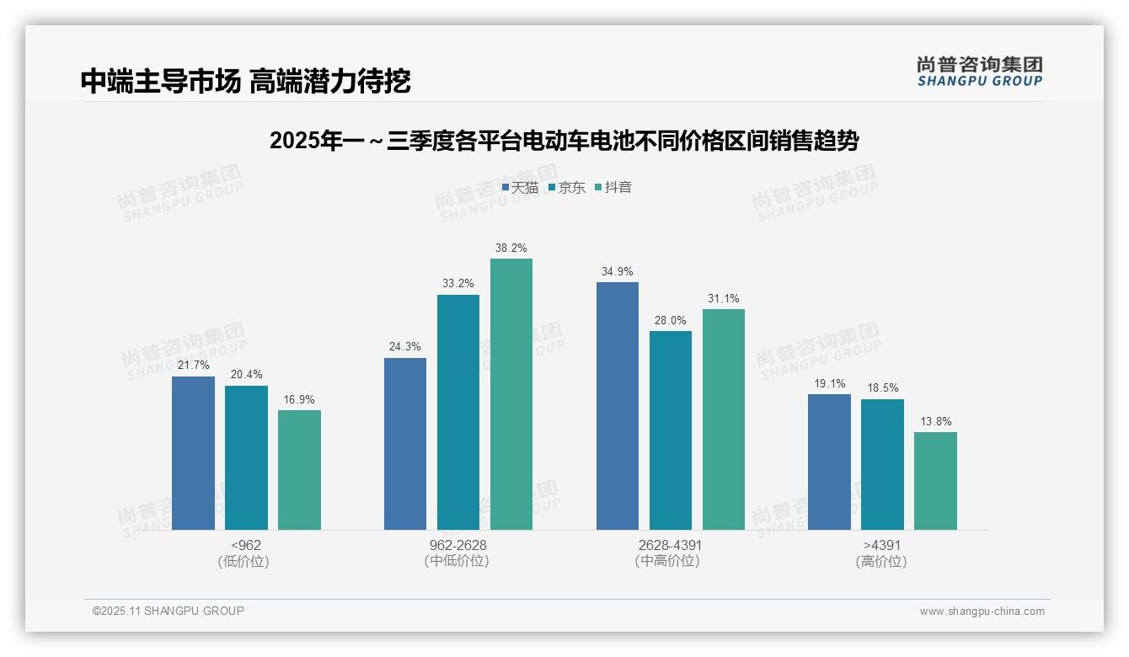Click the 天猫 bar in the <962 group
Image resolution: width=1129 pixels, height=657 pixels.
pos(193,453)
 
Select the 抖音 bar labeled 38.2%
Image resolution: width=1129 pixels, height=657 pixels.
pos(511,394)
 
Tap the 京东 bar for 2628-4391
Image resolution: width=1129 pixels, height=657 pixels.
pos(671,430)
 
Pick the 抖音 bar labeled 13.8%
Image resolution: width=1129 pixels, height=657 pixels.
pos(935,481)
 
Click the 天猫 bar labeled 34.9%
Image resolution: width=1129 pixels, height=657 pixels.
pos(618,406)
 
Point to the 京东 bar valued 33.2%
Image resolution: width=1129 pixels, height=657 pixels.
pos(458,413)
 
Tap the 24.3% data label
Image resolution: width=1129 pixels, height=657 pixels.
pos(405,346)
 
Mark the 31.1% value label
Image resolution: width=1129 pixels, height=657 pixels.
pos(724,298)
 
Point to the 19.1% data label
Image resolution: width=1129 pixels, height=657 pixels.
pos(829,383)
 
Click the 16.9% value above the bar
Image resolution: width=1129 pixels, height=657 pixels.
pos(299,399)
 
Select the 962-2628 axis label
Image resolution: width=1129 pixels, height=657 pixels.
pos(458,545)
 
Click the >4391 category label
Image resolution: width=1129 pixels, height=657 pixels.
pos(882,545)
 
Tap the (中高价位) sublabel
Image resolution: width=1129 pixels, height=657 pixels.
pos(671,561)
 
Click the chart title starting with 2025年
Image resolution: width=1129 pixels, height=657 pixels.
pos(564,141)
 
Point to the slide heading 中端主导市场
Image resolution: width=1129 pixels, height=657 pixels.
pos(245,81)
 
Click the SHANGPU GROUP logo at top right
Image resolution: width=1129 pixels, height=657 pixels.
pos(979,72)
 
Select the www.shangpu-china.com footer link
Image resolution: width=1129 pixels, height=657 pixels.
pos(982,612)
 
